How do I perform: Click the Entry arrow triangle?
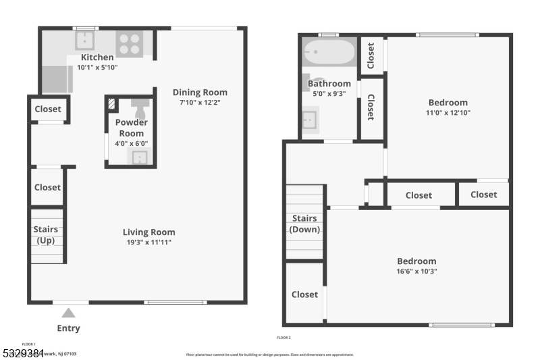click(68, 313)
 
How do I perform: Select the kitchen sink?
click(86, 40)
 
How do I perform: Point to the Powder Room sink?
click(139, 157)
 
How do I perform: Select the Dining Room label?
click(200, 93)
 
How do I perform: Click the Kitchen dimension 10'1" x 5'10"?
click(98, 68)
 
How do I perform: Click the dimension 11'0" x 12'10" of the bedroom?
click(448, 113)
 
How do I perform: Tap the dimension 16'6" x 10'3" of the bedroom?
click(416, 271)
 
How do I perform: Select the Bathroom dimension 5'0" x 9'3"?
click(329, 94)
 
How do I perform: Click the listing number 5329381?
click(20, 353)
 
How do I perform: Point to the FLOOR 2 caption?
click(283, 337)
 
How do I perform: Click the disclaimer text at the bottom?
click(269, 354)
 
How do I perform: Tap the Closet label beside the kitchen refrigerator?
click(48, 109)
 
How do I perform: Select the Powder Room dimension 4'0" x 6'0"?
click(131, 143)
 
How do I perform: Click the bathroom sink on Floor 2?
click(310, 121)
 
